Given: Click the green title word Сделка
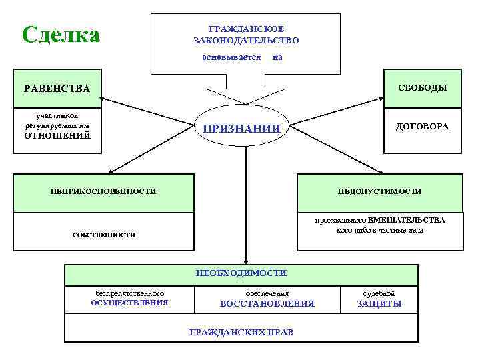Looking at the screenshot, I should (61, 34).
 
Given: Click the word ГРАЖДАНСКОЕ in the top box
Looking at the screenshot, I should (246, 29).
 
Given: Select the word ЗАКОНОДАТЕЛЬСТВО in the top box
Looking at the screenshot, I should (246, 41).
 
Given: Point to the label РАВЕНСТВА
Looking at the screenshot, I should (57, 89).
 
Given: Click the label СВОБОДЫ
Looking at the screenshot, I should (422, 88).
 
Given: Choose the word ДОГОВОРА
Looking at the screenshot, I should (422, 126).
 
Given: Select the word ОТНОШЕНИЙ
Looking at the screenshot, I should (57, 136).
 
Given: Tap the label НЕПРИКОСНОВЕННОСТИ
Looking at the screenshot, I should (103, 191).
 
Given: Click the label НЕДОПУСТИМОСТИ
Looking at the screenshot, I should (379, 191).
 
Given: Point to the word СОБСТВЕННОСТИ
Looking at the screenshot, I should (103, 235).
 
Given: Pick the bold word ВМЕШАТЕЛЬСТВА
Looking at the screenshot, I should (406, 220).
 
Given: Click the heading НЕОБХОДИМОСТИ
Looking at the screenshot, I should (241, 273).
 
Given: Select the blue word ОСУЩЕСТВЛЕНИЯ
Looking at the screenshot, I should (129, 303).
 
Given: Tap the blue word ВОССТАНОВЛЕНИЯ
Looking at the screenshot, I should (267, 304).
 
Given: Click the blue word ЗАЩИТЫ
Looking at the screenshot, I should (379, 304).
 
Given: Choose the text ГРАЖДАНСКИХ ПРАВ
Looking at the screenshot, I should (241, 332).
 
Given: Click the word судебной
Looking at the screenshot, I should (379, 293).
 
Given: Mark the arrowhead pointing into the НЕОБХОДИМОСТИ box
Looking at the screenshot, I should (246, 260).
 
